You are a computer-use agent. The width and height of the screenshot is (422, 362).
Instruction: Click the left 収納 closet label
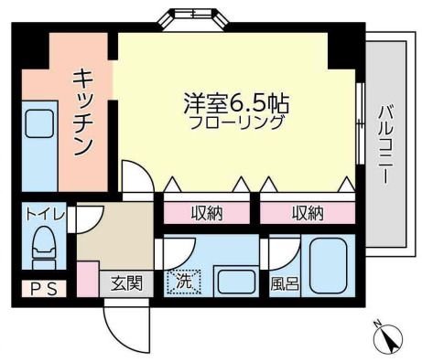[x=207, y=213]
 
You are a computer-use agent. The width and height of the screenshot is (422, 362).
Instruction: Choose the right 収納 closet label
[x=308, y=213]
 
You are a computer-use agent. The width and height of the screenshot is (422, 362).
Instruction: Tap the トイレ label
[x=43, y=215]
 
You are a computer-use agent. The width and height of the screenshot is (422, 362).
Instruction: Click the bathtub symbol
[x=327, y=266]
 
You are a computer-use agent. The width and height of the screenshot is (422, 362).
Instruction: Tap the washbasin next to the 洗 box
[x=236, y=280]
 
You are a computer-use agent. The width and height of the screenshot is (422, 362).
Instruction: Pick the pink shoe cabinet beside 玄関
[x=88, y=279]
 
